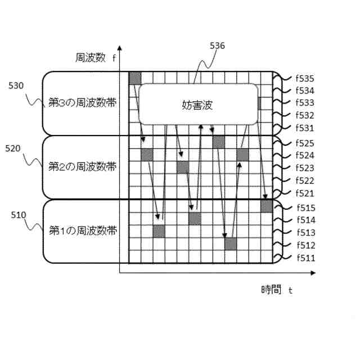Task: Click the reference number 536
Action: pyautogui.click(x=217, y=46)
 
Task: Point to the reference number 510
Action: pyautogui.click(x=19, y=214)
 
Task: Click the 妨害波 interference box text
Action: pyautogui.click(x=198, y=105)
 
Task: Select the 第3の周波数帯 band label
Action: pyautogui.click(x=82, y=103)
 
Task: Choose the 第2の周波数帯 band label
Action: pyautogui.click(x=82, y=166)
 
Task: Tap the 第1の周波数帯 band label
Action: pyautogui.click(x=82, y=231)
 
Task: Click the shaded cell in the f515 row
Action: pyautogui.click(x=267, y=206)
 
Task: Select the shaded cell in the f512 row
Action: pyautogui.click(x=231, y=244)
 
